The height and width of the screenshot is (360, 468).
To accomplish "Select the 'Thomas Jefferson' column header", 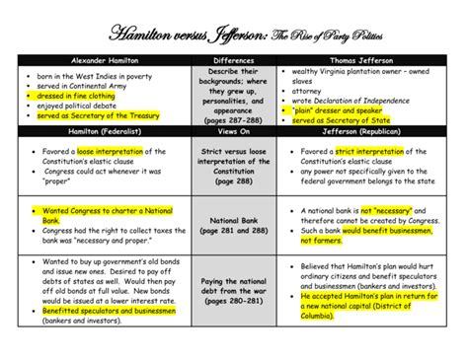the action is coord(366,61).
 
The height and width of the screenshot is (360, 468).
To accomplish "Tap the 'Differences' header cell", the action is coord(233,61).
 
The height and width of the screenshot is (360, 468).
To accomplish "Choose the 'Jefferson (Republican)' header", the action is coord(366,130).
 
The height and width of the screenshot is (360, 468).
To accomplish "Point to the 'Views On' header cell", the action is coord(233,130).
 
